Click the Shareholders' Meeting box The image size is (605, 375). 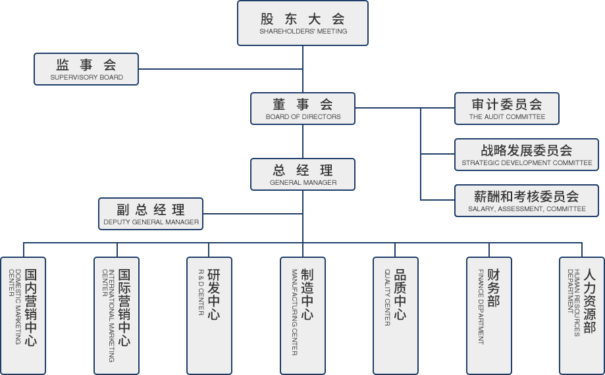303,23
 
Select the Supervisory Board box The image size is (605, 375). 86,69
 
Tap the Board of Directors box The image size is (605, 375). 303,109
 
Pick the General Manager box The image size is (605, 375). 303,174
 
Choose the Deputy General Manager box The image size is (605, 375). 151,214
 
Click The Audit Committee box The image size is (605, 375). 507,109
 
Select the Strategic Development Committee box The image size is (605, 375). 527,155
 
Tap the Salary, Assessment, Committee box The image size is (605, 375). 527,201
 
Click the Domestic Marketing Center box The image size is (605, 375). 23,316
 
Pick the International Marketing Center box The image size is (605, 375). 117,316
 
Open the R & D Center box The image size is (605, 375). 209,316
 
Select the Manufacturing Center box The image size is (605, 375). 303,316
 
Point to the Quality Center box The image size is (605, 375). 396,316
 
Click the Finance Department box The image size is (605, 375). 489,316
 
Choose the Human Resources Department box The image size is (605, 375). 582,316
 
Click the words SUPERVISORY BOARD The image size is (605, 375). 86,78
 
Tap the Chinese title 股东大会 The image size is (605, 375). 303,19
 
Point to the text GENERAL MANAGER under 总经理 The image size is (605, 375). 303,183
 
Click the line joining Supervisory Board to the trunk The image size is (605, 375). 221,69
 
